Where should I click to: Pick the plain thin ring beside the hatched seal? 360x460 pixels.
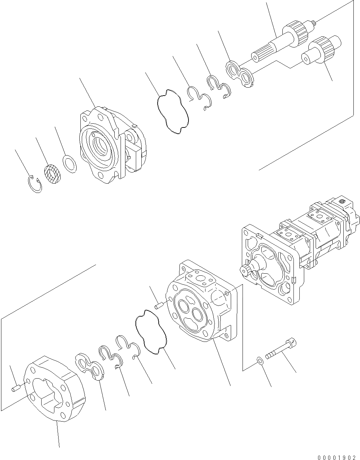pos(70,163)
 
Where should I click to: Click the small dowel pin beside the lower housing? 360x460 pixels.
pos(159,306)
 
